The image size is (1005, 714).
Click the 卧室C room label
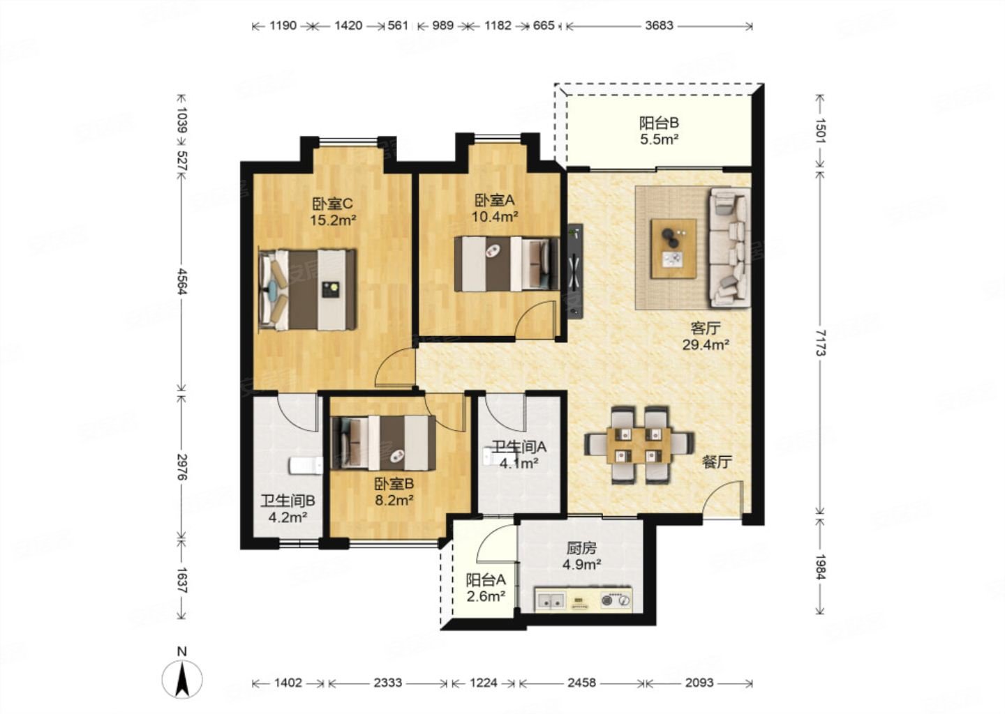[332, 204]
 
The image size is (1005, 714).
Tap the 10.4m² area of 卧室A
[495, 217]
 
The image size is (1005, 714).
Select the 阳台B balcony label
[659, 123]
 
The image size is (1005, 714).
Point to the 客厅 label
[706, 328]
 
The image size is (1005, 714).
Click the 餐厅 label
[717, 462]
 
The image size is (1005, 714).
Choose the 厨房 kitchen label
[581, 548]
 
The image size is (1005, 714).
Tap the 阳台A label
[486, 580]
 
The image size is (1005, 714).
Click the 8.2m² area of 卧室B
[394, 500]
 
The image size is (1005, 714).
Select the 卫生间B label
[288, 501]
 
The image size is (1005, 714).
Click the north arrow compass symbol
[181, 679]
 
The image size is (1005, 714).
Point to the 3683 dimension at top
[659, 26]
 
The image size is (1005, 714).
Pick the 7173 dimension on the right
[821, 343]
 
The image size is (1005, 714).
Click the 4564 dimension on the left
[181, 282]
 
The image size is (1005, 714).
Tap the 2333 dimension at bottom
[387, 683]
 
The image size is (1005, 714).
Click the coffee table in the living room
[673, 249]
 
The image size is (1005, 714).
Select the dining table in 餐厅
[639, 446]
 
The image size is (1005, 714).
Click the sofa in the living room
[729, 248]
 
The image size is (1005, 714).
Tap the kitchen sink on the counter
[551, 600]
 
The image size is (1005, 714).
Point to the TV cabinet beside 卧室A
[575, 271]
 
